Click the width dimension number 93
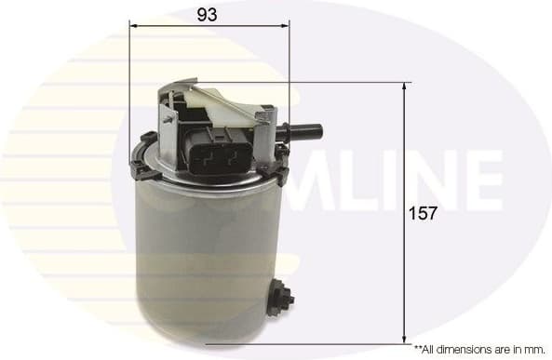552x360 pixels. click(209, 14)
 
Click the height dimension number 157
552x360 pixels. click(424, 213)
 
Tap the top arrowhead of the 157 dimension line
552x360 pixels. click(405, 87)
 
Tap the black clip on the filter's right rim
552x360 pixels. click(279, 167)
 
